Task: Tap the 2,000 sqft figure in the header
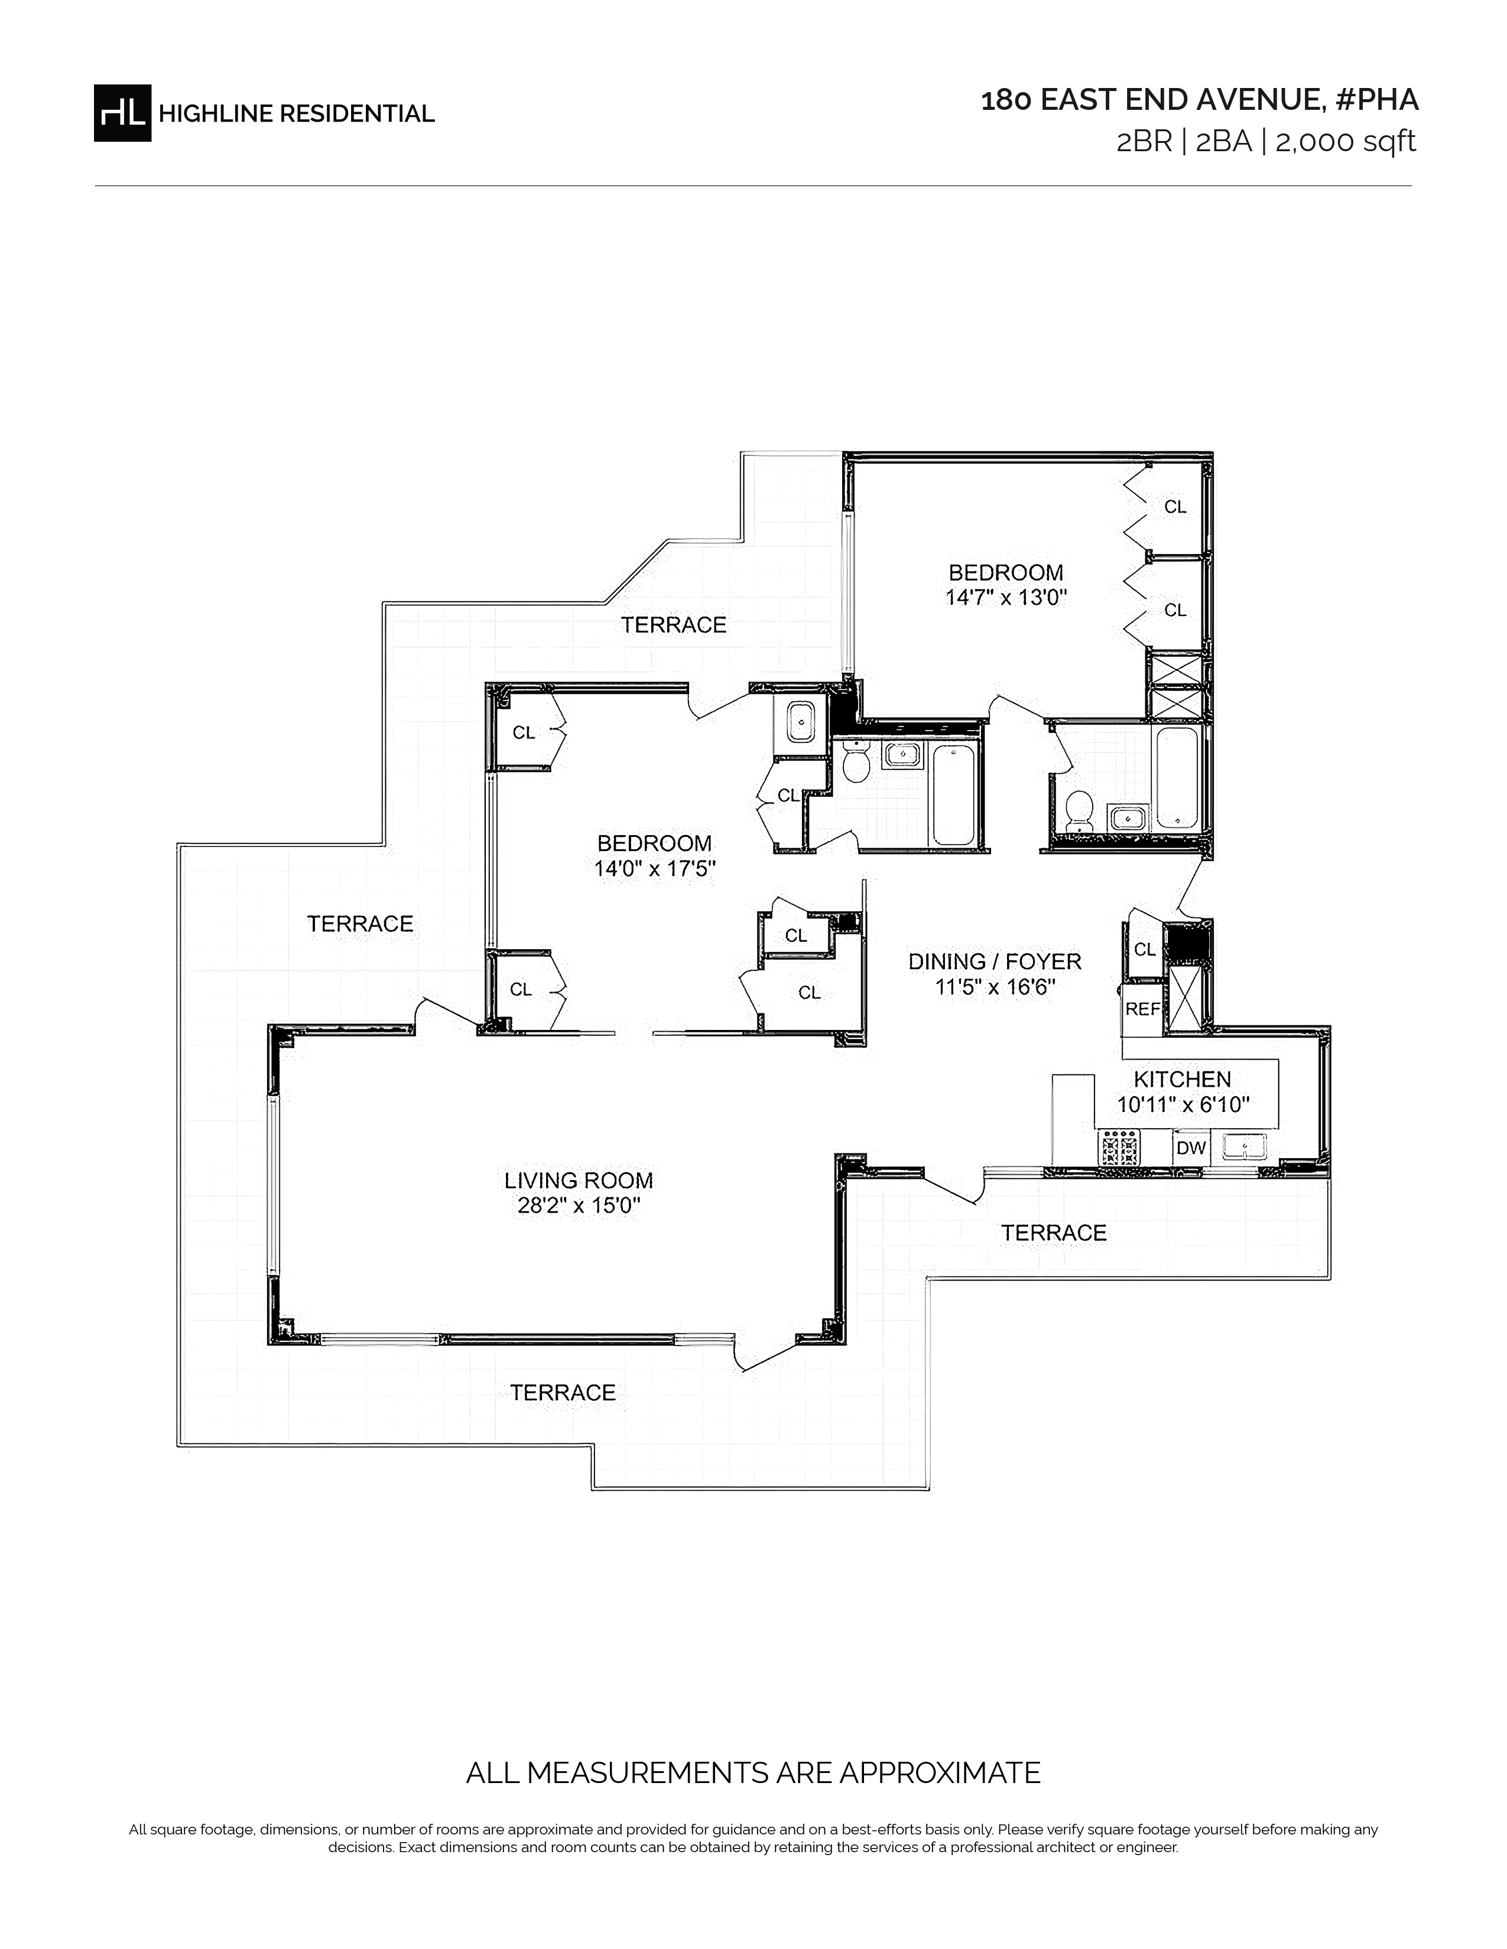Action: click(1346, 142)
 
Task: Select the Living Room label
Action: click(579, 1181)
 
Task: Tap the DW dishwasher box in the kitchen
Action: click(1191, 1149)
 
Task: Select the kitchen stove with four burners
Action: click(1119, 1149)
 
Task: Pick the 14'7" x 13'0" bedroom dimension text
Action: click(1006, 598)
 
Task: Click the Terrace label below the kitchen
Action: click(1054, 1233)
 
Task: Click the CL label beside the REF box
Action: click(1145, 950)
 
